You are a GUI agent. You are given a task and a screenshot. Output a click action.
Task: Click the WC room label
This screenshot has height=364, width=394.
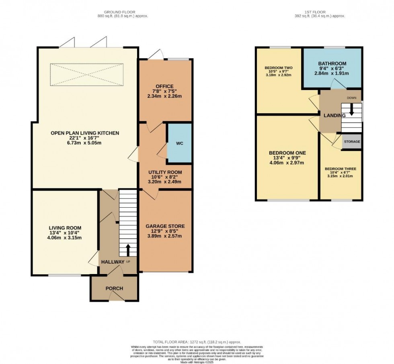click(179, 144)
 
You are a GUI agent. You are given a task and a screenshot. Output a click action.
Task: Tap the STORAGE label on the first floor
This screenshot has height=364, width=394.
click(352, 142)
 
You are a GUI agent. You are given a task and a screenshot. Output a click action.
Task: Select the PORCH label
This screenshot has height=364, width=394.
click(114, 288)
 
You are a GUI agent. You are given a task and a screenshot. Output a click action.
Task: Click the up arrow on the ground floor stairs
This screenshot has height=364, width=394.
click(128, 250)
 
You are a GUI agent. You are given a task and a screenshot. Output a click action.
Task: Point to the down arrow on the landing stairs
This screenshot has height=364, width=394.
click(351, 109)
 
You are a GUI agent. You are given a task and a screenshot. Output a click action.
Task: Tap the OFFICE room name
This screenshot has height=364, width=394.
click(164, 86)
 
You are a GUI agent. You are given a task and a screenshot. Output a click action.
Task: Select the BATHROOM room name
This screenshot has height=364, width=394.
click(332, 63)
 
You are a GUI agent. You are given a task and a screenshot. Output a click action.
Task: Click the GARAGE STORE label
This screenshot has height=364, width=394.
click(165, 226)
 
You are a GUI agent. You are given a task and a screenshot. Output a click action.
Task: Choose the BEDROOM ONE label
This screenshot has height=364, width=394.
click(287, 153)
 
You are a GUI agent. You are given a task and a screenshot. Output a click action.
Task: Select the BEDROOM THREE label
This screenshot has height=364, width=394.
click(341, 169)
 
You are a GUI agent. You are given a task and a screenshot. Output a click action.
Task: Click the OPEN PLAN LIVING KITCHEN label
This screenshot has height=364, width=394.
click(85, 133)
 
